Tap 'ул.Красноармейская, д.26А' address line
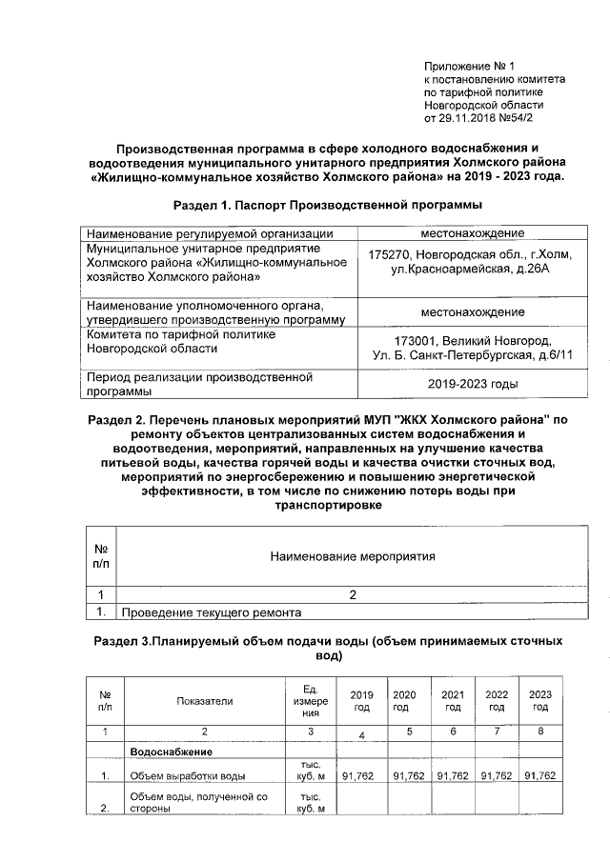pos(459,270)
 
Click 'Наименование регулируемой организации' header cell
pos(209,233)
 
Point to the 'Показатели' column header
pos(204,701)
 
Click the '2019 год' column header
pos(361,701)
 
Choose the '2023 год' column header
pos(539,701)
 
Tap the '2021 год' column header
pos(454,701)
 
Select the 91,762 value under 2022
pos(498,776)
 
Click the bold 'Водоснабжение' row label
pos(171,752)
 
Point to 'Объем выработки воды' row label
pos(188,776)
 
